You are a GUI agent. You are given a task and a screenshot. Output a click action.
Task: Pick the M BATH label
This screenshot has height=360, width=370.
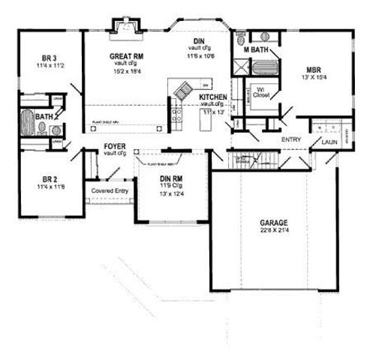257,49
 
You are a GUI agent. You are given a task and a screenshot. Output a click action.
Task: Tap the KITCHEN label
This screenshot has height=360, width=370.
214,98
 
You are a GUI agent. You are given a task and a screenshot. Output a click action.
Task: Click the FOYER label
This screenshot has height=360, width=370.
114,147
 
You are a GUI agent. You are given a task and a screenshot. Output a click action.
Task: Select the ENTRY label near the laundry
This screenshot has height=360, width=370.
291,139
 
